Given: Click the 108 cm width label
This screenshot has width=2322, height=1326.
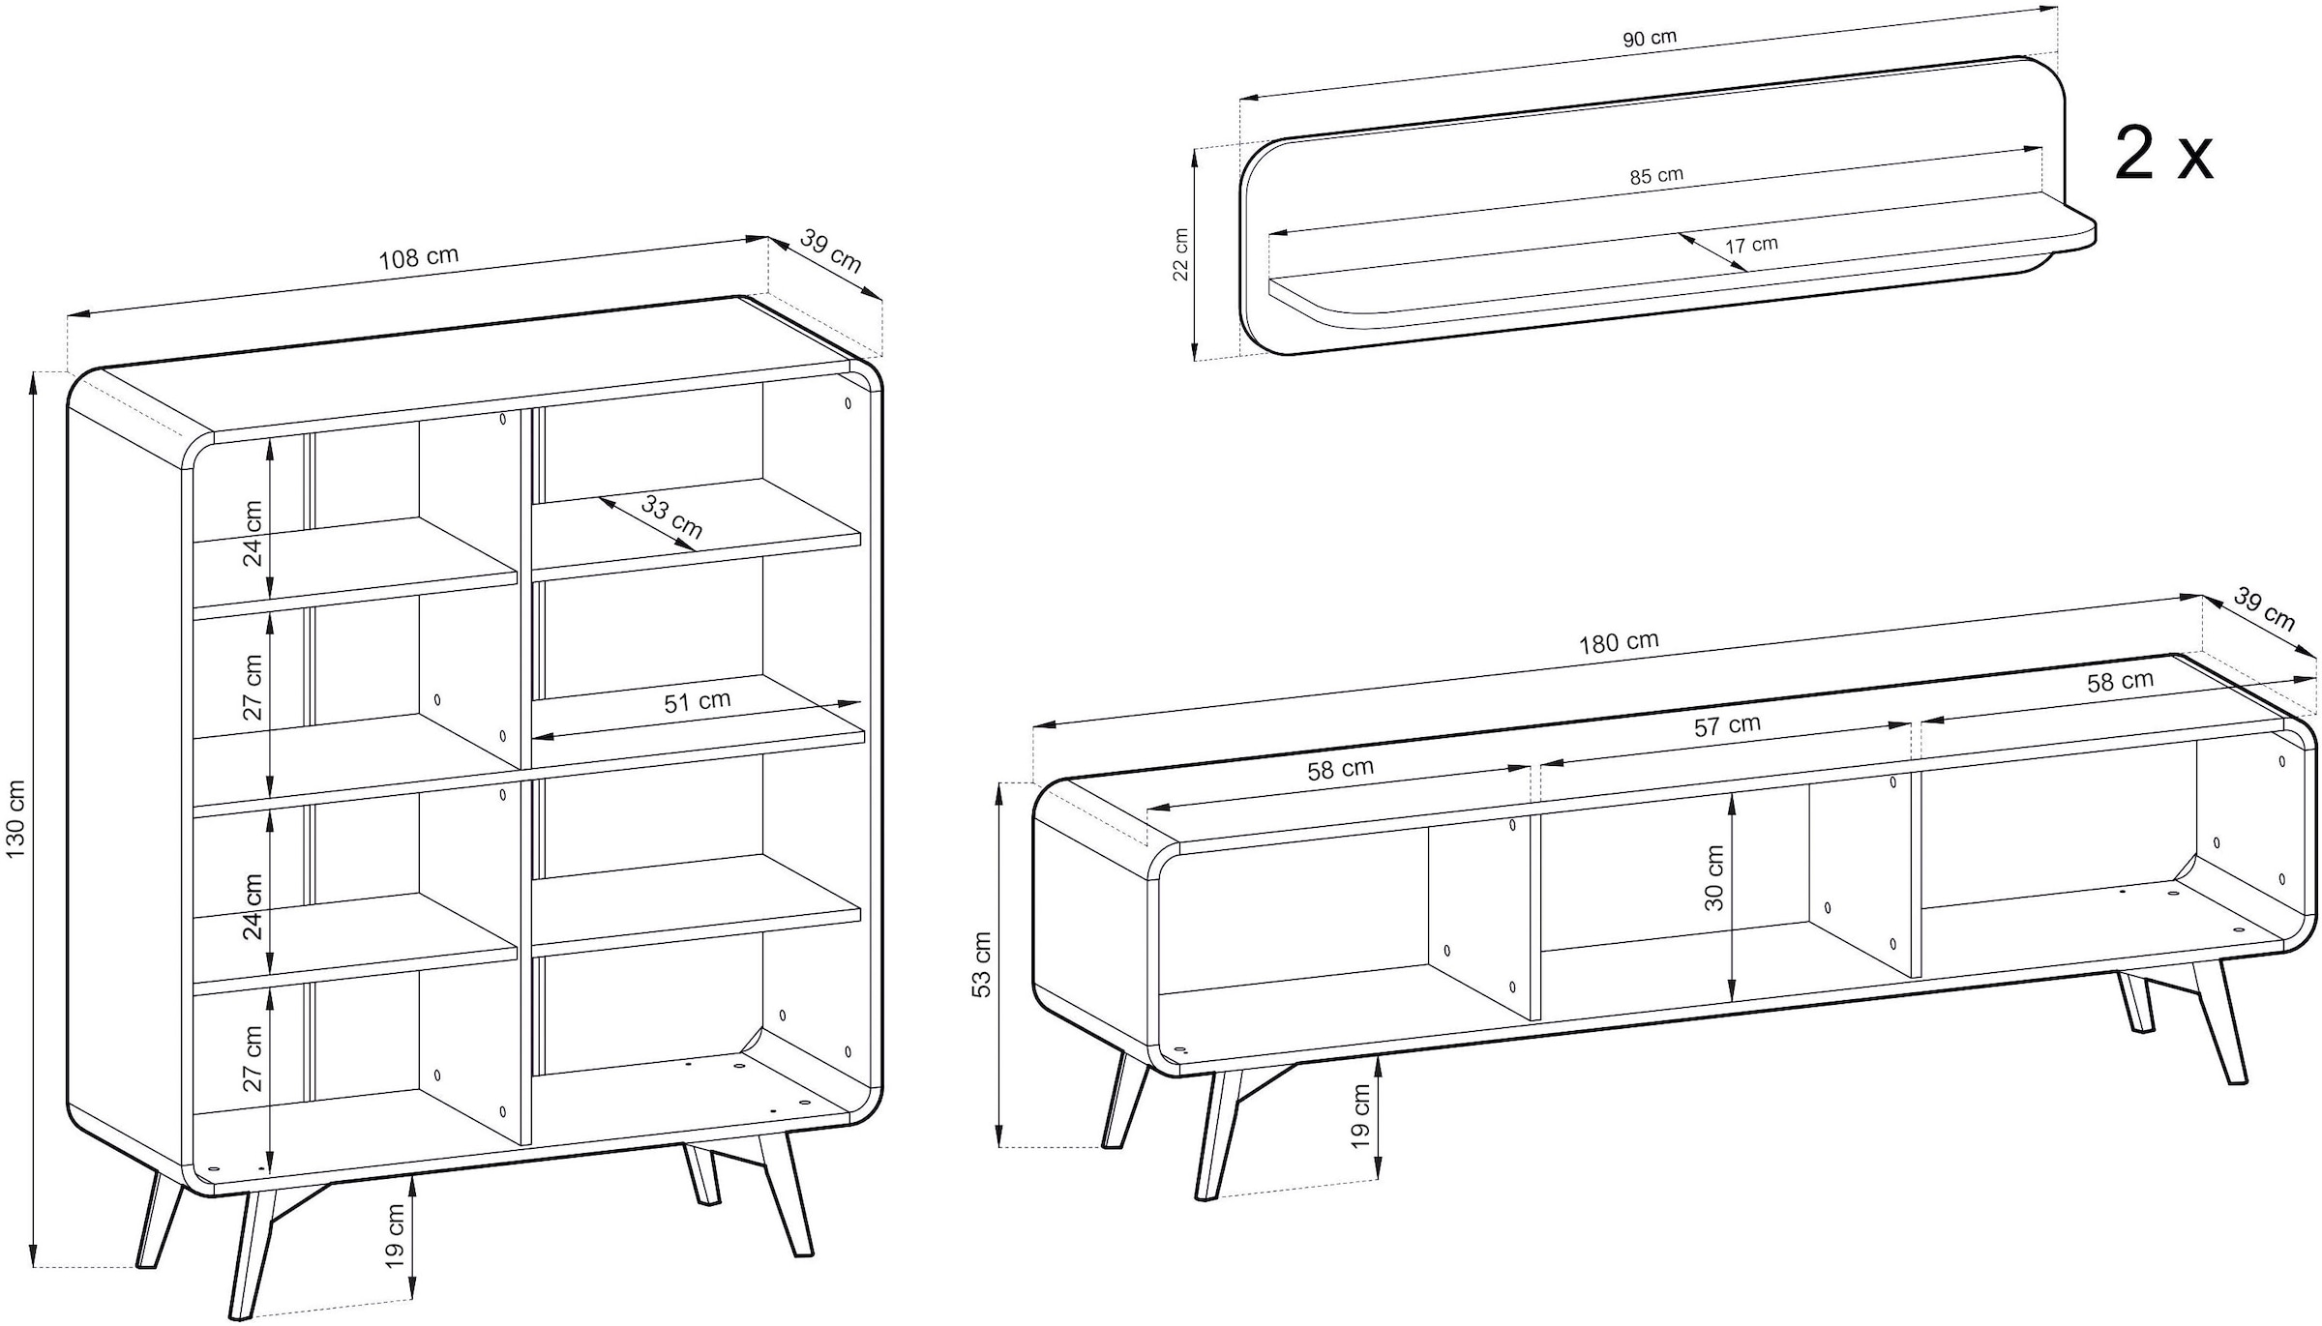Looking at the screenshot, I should [417, 257].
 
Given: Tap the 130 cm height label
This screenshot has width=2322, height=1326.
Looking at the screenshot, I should [16, 819].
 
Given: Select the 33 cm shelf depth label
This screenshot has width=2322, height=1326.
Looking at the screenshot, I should [671, 518].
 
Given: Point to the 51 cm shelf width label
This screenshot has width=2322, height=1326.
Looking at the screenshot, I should [697, 701].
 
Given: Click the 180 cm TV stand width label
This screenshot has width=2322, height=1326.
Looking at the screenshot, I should [1619, 642].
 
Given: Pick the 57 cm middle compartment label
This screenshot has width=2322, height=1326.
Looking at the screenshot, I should [1727, 725].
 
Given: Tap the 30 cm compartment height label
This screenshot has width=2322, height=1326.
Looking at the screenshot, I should [1714, 877].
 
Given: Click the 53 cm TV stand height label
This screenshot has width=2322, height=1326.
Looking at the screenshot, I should [981, 964].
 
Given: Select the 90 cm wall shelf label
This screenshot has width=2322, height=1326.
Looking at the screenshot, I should [1650, 39].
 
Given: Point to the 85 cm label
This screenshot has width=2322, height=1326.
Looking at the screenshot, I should [1656, 176].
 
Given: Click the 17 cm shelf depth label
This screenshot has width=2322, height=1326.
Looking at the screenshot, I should [1752, 245].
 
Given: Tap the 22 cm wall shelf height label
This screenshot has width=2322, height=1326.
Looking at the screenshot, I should [1180, 254].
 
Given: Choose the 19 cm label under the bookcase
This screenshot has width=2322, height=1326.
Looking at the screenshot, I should [394, 1236].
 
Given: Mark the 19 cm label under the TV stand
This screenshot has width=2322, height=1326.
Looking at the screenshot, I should [1360, 1116].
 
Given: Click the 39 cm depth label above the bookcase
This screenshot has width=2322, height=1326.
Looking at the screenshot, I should [831, 250].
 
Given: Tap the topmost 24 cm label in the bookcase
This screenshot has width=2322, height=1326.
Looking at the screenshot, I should [253, 533].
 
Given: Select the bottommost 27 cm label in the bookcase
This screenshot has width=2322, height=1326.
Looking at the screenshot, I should [253, 1058].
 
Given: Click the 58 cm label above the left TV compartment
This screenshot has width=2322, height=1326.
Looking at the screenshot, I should [1340, 770].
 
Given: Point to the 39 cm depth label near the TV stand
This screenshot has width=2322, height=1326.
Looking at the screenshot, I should [2264, 611].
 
